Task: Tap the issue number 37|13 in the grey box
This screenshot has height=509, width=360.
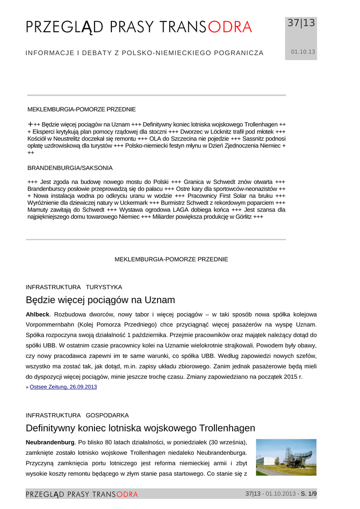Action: (301, 23)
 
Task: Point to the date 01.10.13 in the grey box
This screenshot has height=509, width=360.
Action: (303, 52)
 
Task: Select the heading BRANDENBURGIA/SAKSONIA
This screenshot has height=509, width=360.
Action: (70, 168)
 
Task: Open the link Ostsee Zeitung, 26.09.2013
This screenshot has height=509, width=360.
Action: (63, 386)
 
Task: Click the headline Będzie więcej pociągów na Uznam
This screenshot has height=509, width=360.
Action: (100, 300)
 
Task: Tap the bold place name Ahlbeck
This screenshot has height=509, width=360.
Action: (38, 315)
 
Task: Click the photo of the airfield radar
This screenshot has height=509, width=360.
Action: (286, 457)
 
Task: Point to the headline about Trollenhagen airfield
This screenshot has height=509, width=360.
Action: (140, 428)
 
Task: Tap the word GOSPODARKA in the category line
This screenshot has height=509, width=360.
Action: (107, 415)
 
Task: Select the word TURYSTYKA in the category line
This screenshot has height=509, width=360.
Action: (104, 287)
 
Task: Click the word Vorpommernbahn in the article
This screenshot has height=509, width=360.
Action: (51, 324)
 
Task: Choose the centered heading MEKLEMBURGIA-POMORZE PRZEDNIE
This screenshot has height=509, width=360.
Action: (172, 259)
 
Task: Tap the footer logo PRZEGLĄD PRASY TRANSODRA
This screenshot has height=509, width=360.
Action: (82, 494)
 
